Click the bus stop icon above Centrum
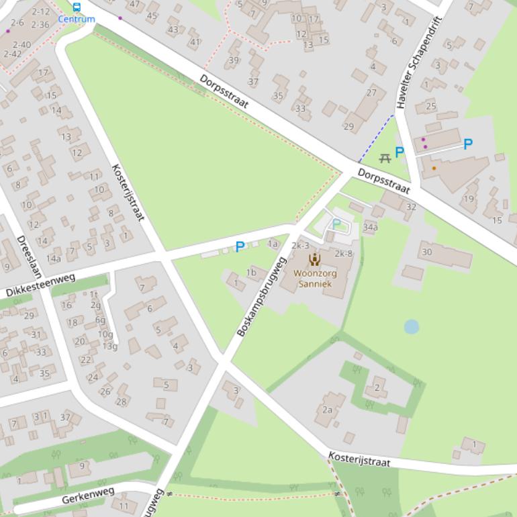(76, 7)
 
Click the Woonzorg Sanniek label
(315, 279)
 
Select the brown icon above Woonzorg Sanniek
(314, 260)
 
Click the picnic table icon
(385, 158)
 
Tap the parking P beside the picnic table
(399, 152)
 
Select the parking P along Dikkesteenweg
(240, 247)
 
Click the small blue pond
(412, 327)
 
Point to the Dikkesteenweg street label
(41, 285)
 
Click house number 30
(426, 252)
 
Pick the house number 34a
(370, 228)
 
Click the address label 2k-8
(344, 253)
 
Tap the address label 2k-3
(299, 246)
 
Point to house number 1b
(251, 272)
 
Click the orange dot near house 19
(434, 168)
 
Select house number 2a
(328, 410)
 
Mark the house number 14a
(54, 258)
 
